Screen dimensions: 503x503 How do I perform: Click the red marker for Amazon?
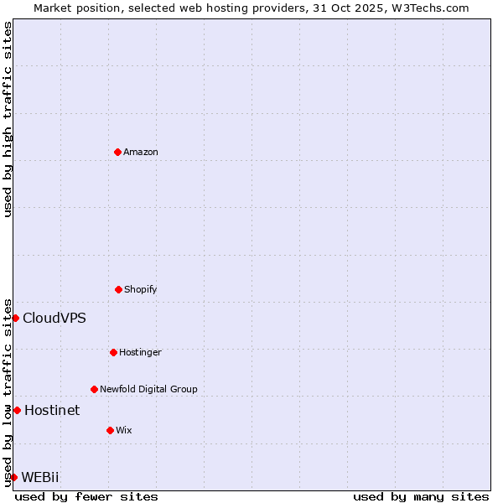[117, 152]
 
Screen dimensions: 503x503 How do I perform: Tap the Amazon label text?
[141, 152]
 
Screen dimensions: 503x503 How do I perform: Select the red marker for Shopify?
[118, 289]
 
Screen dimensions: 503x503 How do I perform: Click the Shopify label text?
[141, 289]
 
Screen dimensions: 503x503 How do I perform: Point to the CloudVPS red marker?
[15, 318]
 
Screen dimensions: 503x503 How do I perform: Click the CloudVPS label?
[54, 318]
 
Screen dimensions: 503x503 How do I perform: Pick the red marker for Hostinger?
[113, 352]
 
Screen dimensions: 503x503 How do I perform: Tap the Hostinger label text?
[140, 352]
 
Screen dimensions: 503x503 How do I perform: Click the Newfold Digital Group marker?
[94, 389]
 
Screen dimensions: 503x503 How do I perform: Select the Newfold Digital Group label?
[148, 389]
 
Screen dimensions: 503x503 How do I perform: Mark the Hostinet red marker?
[17, 410]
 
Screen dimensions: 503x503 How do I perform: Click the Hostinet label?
[52, 410]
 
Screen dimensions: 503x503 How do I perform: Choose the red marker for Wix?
[110, 430]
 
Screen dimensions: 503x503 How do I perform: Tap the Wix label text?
[124, 430]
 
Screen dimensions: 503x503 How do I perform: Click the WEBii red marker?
[13, 477]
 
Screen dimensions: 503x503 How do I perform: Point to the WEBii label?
[40, 477]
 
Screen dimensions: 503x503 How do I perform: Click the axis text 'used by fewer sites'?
[86, 496]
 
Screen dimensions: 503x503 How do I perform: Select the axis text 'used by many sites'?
[421, 496]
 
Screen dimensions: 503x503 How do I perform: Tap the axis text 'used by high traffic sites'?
[8, 119]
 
